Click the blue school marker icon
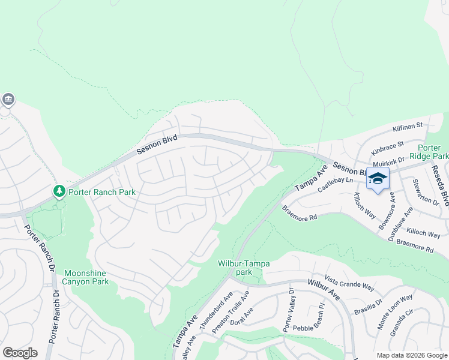coord(378,178)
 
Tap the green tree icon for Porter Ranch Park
coord(59,191)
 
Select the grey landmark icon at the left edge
coord(8,99)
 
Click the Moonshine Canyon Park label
coord(86,277)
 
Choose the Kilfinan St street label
coord(408,127)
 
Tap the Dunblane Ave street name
coord(401,223)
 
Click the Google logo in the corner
coord(20,352)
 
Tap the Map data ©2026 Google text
coord(411,355)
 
